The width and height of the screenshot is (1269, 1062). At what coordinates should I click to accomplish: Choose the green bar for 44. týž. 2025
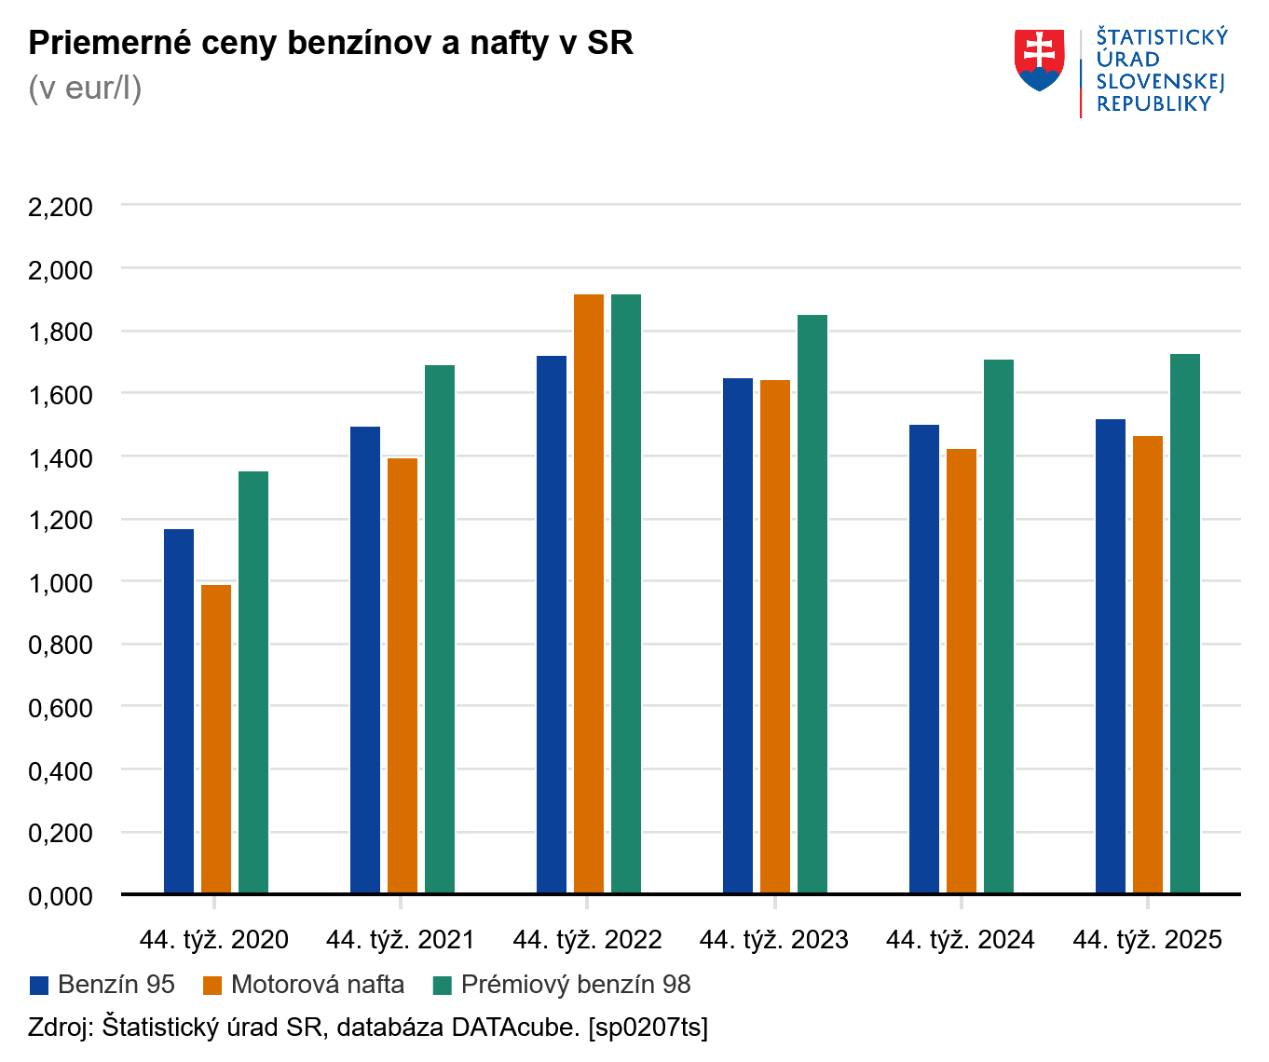point(1185,623)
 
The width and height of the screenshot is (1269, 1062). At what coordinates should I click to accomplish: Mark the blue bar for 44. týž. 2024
point(924,659)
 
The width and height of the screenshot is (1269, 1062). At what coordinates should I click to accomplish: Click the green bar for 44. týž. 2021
point(440,629)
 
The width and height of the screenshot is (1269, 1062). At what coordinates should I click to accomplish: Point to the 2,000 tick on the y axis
point(61,269)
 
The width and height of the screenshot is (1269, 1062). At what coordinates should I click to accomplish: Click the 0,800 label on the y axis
point(61,645)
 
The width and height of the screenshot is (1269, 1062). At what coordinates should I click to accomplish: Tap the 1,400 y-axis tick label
point(61,457)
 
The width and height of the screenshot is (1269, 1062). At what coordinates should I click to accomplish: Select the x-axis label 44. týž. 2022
point(587,940)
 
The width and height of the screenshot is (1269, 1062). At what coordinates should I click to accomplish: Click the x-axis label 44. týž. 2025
point(1147,940)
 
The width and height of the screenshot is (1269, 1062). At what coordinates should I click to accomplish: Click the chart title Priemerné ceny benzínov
point(331,43)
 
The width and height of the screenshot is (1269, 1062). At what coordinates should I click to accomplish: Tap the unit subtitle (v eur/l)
point(85,88)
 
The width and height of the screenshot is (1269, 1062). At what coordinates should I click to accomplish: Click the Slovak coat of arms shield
point(1040,60)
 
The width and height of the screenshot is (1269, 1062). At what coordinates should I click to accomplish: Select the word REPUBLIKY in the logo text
point(1153,104)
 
